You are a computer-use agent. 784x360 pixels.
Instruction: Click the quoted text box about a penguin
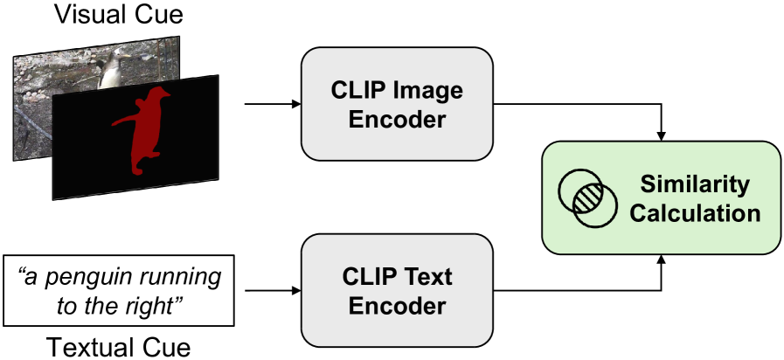point(120,291)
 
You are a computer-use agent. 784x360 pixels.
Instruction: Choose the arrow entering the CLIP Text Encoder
point(271,291)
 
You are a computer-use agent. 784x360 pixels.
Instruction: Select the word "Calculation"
point(695,213)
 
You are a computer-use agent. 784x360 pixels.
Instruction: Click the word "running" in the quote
point(174,278)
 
